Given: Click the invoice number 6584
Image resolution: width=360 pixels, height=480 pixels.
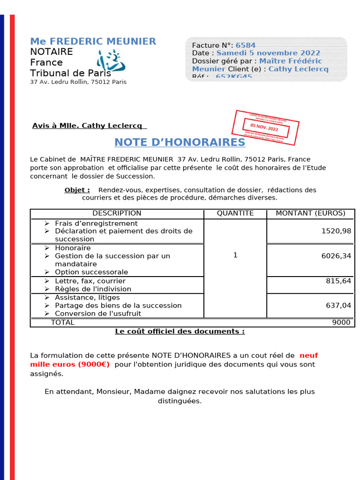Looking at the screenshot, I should [245, 45].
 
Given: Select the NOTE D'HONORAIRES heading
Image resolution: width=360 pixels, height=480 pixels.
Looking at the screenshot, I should [180, 142].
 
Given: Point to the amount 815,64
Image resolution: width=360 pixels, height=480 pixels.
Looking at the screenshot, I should [338, 281].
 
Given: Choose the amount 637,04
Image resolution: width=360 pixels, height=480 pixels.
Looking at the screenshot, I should [338, 306].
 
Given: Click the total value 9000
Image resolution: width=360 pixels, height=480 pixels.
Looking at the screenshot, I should [341, 322].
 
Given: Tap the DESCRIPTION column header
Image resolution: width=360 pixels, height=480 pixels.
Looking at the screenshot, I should [117, 213].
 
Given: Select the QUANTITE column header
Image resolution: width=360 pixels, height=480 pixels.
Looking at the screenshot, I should [235, 213].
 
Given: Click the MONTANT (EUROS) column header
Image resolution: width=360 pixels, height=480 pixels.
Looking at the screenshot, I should [310, 213].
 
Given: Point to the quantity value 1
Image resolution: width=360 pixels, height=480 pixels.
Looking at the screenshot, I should [235, 255].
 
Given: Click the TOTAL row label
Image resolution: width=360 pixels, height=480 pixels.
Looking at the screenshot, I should [62, 322].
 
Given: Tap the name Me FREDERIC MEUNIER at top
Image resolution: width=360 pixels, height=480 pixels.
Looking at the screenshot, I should [93, 42].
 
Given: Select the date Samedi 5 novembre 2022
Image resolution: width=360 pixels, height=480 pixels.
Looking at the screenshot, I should [268, 53].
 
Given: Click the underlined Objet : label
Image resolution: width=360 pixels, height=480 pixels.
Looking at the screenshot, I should [77, 190].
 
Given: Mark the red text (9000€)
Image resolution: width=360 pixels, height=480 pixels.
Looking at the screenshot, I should [93, 364].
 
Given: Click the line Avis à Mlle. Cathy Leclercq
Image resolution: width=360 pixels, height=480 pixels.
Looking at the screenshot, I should [89, 126].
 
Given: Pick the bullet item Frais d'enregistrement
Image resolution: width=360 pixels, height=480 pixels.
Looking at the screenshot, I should [96, 224].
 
